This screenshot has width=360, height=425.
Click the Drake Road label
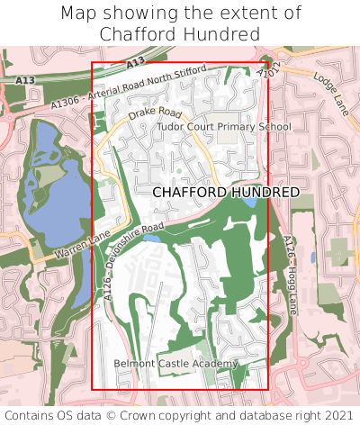coord(155,114)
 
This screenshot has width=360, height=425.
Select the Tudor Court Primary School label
coord(224,127)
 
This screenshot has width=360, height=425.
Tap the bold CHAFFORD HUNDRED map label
coord(226,193)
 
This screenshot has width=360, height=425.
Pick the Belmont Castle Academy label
coord(176,364)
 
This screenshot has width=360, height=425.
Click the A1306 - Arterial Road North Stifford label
coord(129,86)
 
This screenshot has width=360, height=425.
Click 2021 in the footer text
coord(338,415)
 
